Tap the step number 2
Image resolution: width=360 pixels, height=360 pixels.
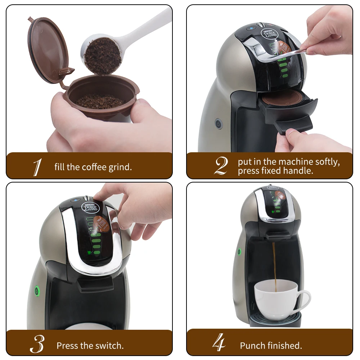[221, 166]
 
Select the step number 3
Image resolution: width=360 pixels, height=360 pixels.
[37, 345]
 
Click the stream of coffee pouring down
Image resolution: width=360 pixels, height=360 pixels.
[274, 263]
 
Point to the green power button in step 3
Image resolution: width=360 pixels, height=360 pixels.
[36, 290]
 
